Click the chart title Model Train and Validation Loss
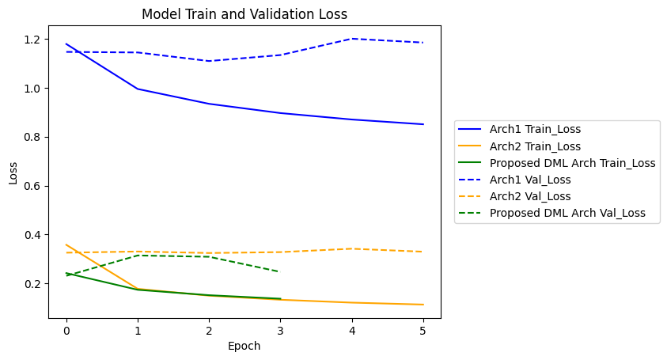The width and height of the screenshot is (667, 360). point(244,14)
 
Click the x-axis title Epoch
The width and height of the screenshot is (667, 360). point(244,346)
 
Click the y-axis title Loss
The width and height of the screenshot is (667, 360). point(13,173)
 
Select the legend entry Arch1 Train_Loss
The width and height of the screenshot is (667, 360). point(529,129)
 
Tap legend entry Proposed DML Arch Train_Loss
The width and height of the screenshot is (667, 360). point(572,163)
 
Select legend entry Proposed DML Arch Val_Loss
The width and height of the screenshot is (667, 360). point(567,213)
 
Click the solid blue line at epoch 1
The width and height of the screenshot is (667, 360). point(138,89)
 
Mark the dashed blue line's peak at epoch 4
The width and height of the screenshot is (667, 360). point(351,39)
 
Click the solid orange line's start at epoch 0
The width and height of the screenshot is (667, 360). point(66,245)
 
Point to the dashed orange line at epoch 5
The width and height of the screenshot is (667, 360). point(423,252)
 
